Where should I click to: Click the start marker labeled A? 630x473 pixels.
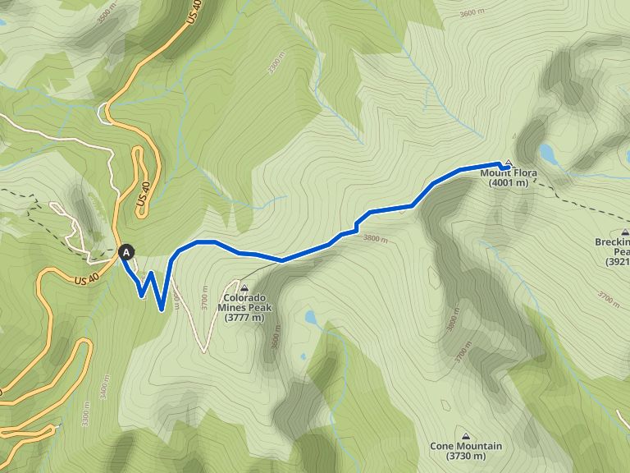126,253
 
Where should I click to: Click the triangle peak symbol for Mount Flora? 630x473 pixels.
508,163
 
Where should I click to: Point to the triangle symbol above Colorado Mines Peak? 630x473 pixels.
244,287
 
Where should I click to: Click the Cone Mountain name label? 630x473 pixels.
466,447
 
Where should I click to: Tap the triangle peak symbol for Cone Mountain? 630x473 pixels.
466,436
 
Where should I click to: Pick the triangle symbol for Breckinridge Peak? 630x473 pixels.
626,232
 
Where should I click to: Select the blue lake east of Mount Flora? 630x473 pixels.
548,153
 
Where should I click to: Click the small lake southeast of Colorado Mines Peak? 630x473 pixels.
310,317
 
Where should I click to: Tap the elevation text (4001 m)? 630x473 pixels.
509,183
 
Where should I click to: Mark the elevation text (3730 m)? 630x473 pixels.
466,457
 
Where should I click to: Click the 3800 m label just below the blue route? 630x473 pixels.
375,239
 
